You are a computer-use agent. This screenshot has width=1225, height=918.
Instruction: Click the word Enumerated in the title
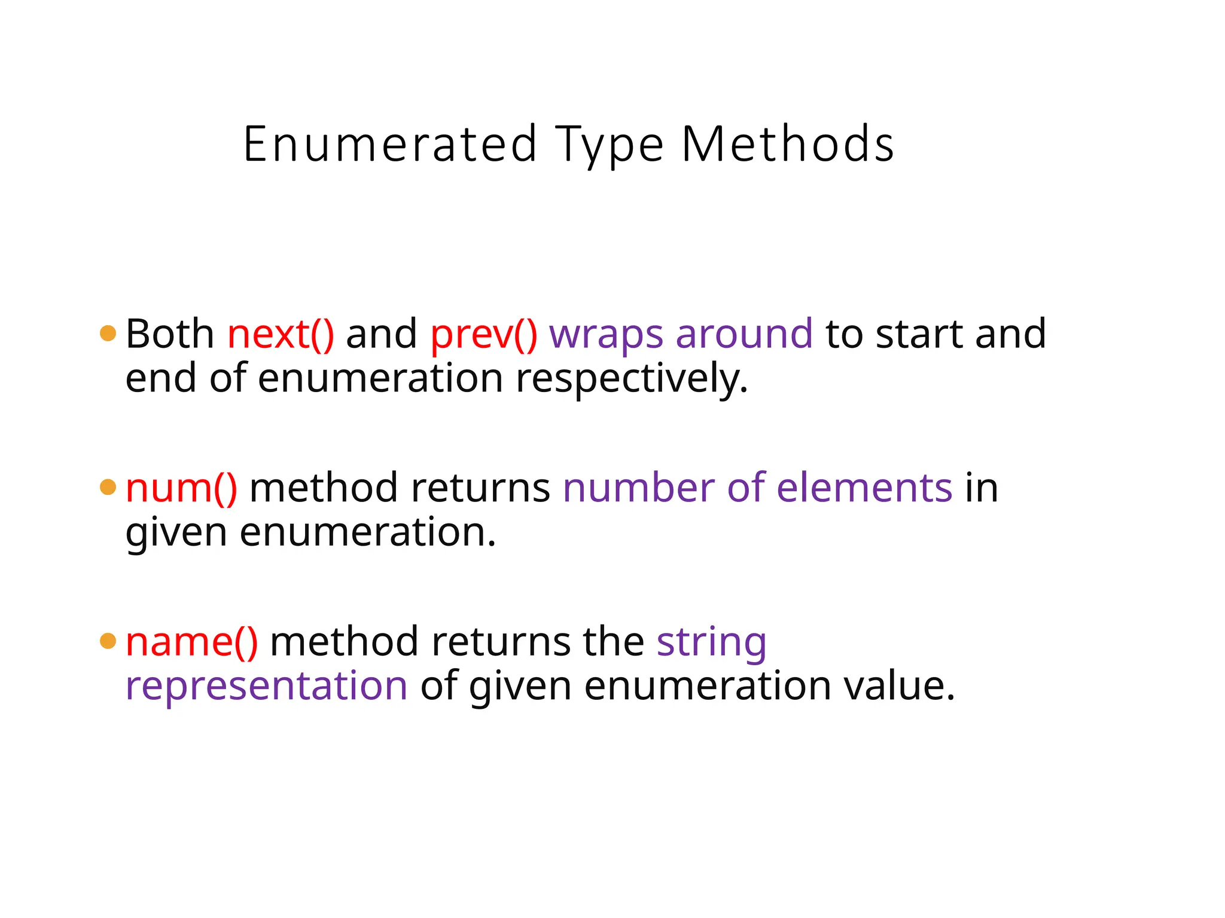[x=390, y=145]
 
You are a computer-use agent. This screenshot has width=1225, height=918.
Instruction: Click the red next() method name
[x=281, y=333]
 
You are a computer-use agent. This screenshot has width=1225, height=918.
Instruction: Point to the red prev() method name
[x=483, y=335]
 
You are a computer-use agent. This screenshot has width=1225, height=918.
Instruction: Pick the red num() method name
[x=181, y=488]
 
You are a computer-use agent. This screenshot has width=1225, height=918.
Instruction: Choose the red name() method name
[x=191, y=641]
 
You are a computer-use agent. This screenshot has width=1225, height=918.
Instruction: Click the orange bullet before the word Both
[x=108, y=333]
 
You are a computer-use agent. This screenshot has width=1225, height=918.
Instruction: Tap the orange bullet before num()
[x=108, y=487]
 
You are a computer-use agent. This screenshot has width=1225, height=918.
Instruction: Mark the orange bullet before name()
[x=108, y=641]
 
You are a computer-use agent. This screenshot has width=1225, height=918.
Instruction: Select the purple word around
[x=744, y=333]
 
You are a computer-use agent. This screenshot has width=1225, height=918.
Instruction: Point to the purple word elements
[x=864, y=488]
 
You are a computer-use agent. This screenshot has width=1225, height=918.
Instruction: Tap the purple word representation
[x=266, y=686]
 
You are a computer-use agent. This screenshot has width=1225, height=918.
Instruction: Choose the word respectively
[x=632, y=379]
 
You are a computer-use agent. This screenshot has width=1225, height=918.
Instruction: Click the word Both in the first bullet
[x=170, y=333]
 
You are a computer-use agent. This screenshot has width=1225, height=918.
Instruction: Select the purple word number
[x=638, y=488]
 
